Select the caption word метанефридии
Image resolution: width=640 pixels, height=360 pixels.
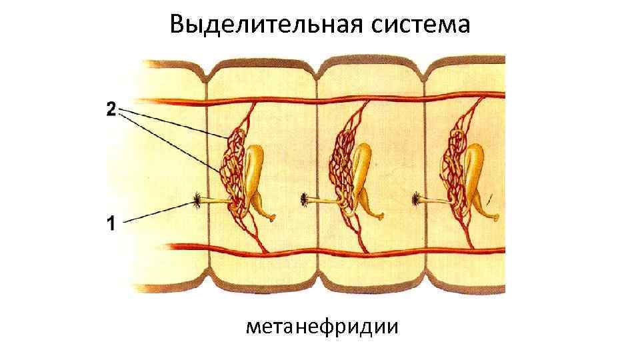322,327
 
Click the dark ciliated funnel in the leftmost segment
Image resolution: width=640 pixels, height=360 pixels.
199,199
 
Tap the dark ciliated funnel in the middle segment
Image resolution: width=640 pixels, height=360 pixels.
305,199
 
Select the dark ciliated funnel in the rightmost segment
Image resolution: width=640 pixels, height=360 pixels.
417,199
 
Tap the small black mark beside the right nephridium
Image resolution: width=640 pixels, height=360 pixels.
489,198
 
